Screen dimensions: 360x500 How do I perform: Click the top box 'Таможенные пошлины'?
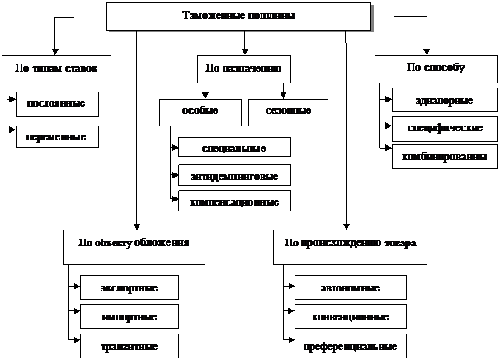coord(238,17)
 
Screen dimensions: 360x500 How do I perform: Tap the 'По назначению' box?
coord(244,69)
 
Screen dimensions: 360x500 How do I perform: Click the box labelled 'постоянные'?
coord(57,104)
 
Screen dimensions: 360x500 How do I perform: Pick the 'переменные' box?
coord(57,136)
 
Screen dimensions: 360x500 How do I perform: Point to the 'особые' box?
coord(200,111)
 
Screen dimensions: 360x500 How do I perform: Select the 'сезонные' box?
coord(287,111)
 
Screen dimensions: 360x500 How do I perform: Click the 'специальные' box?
coord(234,147)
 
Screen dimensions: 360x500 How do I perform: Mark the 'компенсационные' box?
coord(234,201)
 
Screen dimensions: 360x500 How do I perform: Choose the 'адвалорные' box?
coord(444,101)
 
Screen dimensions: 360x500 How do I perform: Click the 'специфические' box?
coord(444,129)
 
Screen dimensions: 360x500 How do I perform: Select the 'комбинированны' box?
coord(444,156)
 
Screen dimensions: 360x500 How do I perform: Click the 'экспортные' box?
coord(129,287)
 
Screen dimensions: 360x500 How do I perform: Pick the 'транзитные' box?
coord(129,345)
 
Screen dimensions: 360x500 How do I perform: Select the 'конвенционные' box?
coord(350,316)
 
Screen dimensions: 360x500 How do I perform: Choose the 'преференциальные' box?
coord(350,345)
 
